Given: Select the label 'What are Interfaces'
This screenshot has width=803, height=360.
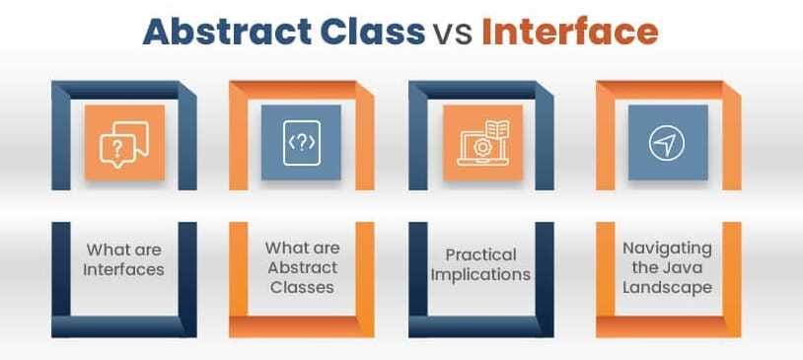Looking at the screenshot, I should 123,258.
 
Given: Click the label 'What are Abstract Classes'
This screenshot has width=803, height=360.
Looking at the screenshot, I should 302,267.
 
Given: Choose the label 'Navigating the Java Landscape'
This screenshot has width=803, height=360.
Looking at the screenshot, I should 667,267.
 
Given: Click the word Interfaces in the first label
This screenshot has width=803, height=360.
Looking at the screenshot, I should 123,268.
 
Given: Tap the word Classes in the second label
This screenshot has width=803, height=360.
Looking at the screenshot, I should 302,287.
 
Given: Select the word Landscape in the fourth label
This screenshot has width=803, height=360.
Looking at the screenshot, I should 667,287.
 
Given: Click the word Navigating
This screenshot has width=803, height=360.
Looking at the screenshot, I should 667,249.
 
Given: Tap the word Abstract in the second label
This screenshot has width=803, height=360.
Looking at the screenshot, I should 302,267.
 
